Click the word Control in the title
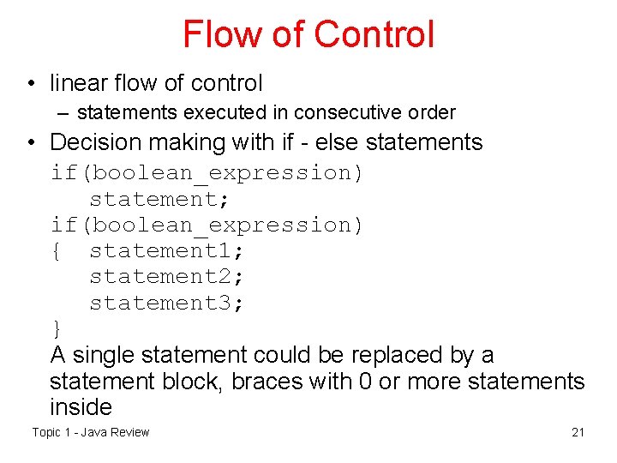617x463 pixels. [374, 34]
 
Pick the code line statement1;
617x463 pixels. [167, 250]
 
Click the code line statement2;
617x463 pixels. [167, 277]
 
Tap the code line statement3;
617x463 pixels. [167, 303]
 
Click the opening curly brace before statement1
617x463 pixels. [57, 250]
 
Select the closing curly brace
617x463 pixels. [57, 329]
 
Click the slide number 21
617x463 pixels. [578, 432]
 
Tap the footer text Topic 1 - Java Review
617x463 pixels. [91, 432]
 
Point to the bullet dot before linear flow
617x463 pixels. [30, 84]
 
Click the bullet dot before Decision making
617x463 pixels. [30, 142]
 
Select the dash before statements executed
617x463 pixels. [64, 112]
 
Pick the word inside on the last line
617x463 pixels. [81, 407]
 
